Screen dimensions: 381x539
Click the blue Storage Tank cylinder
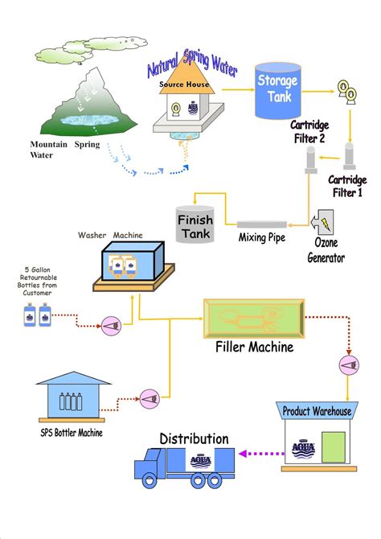(x=278, y=91)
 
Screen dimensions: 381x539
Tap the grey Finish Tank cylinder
(x=195, y=224)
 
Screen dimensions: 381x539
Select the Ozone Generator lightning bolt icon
(x=326, y=222)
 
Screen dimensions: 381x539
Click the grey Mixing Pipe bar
(x=261, y=224)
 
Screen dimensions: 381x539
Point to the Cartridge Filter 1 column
(x=349, y=156)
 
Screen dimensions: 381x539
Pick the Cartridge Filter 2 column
(x=311, y=160)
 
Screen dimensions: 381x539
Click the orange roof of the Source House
(x=187, y=77)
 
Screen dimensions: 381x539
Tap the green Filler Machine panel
(x=254, y=319)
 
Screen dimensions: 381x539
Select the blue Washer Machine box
(x=133, y=261)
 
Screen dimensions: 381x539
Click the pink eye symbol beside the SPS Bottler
(x=150, y=399)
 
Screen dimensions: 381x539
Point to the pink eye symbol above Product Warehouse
(x=349, y=365)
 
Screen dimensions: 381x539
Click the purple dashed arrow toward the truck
(x=261, y=454)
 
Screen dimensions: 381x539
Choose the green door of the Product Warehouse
(x=334, y=446)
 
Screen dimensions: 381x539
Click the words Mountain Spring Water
(x=65, y=150)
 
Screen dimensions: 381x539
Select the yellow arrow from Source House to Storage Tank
(x=238, y=90)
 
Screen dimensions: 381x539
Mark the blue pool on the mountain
(x=89, y=120)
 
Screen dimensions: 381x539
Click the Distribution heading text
(x=194, y=438)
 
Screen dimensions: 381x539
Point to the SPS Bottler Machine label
(x=72, y=432)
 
